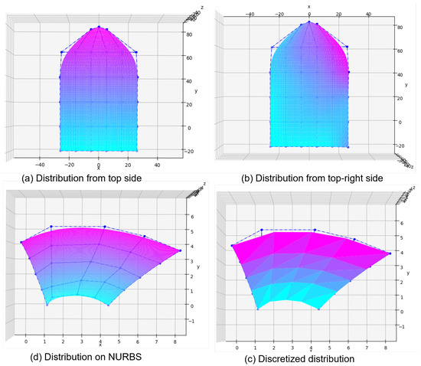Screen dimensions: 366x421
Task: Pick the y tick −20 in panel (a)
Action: point(188,151)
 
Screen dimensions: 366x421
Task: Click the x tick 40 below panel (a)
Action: point(157,165)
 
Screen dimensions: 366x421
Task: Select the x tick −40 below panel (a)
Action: point(40,165)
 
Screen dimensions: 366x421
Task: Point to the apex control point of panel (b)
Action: point(309,21)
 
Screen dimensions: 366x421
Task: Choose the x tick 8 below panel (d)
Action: point(175,338)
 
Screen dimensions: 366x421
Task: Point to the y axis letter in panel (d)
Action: point(198,267)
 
